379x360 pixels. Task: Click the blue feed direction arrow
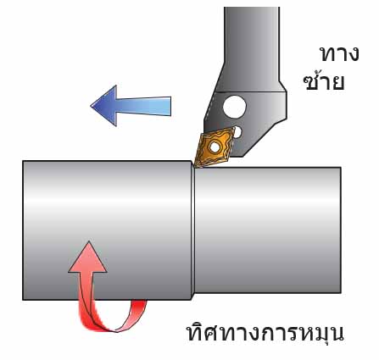point(130,106)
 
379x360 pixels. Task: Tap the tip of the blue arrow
point(91,106)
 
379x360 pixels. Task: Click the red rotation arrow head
point(88,257)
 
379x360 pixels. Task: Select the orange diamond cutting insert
point(215,147)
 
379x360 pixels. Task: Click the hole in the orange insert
point(215,147)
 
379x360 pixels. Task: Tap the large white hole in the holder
point(234,107)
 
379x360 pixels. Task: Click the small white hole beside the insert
point(238,132)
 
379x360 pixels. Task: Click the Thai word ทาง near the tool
point(339,53)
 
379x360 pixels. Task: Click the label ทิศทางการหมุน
point(265,332)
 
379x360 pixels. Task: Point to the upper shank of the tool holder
point(253,48)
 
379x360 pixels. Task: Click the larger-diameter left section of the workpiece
point(107,230)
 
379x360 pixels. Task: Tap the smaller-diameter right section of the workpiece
point(268,230)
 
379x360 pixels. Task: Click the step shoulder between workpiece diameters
point(193,230)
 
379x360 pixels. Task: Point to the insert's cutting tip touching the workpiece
point(196,166)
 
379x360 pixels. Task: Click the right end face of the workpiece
point(340,230)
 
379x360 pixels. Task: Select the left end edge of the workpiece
point(23,230)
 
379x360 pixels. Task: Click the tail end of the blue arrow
point(170,106)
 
